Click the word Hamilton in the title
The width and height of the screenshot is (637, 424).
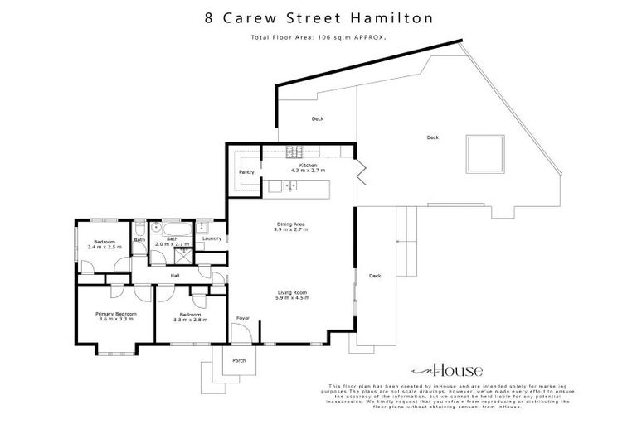(395, 17)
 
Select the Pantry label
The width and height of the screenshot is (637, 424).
(246, 171)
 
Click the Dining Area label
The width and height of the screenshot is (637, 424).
(291, 224)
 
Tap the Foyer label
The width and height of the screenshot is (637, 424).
(242, 318)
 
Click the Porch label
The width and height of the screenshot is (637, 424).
(239, 359)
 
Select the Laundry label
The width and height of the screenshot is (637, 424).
(210, 238)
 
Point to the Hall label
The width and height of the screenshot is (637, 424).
(175, 276)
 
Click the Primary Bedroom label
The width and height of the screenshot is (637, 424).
(115, 314)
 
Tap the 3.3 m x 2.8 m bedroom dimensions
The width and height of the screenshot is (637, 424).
(189, 320)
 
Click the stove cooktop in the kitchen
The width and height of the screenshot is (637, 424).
(293, 152)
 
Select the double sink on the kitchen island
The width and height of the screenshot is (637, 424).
(289, 186)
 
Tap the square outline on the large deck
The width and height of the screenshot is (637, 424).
(484, 152)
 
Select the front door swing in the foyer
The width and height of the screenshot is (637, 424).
(240, 334)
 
